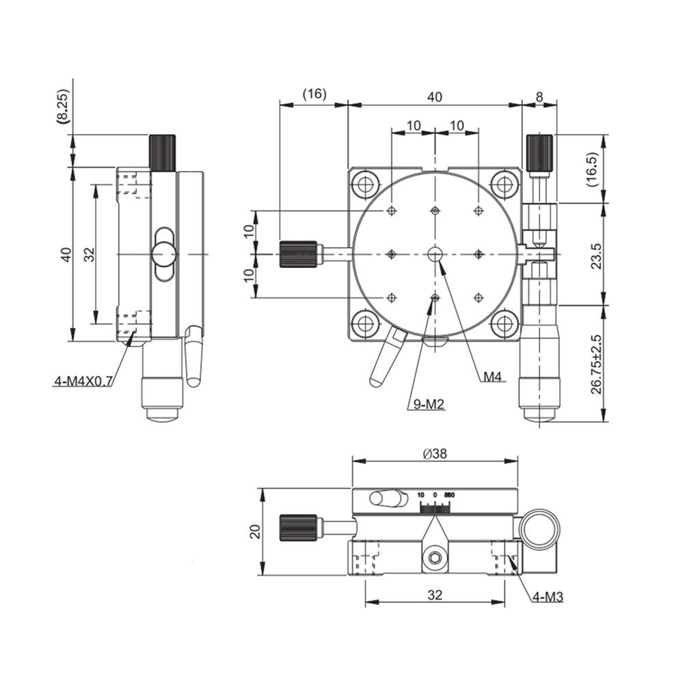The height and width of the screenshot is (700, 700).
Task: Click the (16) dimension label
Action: click(314, 94)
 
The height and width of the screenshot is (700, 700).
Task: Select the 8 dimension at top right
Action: click(539, 97)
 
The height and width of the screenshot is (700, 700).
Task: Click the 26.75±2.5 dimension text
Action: click(596, 364)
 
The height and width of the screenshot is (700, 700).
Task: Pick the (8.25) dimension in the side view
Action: click(63, 106)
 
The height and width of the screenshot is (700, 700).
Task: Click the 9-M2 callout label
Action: click(427, 405)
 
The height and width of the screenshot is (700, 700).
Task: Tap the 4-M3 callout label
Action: click(548, 597)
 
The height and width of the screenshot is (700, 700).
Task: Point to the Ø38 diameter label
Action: click(435, 453)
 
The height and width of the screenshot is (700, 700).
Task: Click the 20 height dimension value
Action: click(255, 532)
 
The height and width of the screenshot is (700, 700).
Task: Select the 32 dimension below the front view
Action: click(435, 595)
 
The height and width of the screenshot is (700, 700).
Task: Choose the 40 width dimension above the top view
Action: click(435, 97)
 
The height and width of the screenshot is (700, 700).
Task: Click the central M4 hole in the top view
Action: click(435, 254)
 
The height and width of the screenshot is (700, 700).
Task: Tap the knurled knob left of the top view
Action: click(298, 254)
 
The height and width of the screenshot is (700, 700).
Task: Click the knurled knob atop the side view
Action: click(162, 152)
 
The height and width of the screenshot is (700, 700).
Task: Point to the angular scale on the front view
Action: click(435, 507)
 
